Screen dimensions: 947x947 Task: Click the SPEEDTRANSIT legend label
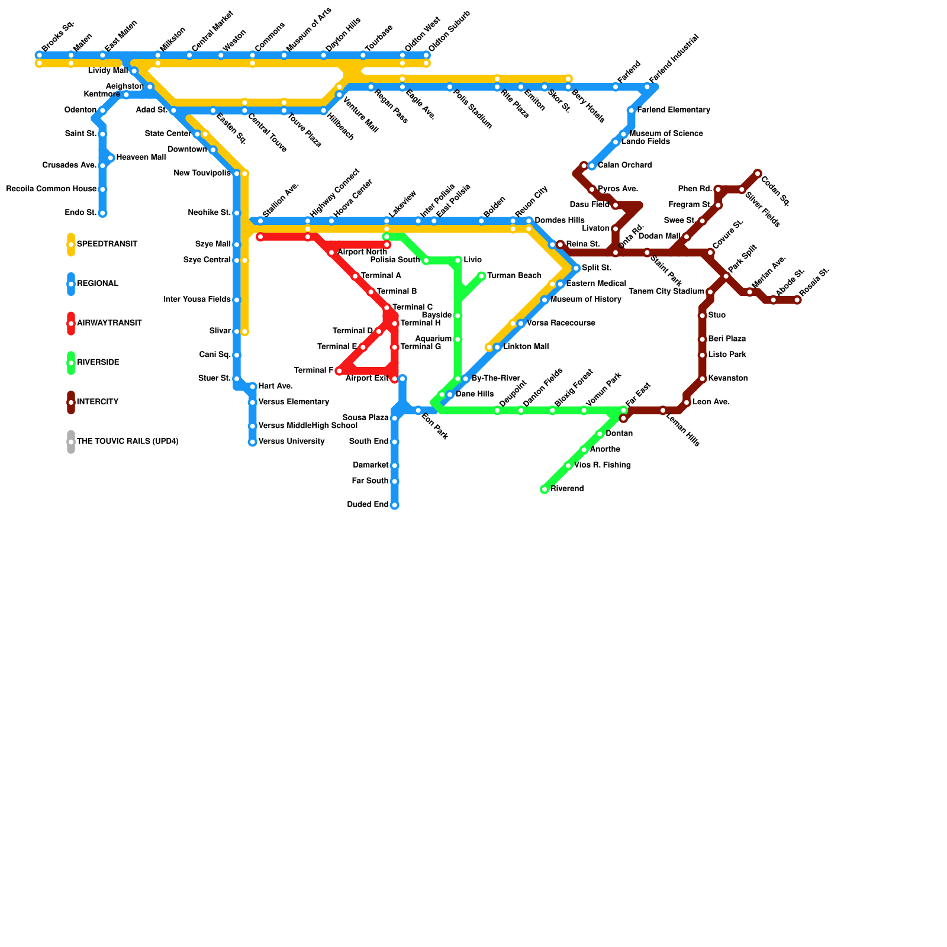[x=107, y=244]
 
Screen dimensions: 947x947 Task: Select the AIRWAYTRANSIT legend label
[x=109, y=323]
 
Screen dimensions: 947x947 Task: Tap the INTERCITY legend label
[x=98, y=402]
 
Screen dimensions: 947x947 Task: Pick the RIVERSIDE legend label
[x=98, y=363]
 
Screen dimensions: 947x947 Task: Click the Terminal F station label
[x=314, y=371]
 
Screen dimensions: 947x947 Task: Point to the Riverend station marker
[x=545, y=489]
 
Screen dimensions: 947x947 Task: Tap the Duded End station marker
[x=395, y=505]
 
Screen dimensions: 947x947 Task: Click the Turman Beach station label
[x=514, y=276]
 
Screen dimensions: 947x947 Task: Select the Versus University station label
[x=291, y=442]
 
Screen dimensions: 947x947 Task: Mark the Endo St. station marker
[x=102, y=213]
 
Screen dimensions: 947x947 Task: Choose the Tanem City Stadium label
[x=666, y=292]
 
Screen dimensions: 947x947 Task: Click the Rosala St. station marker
[x=797, y=300]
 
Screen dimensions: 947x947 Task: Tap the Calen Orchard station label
[x=624, y=166]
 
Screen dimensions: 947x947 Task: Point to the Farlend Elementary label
[x=674, y=110]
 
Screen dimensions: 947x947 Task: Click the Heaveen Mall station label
[x=141, y=157]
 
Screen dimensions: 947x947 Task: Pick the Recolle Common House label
[x=51, y=189]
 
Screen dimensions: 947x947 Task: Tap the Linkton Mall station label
[x=526, y=347]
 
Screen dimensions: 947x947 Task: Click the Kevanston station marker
[x=703, y=379]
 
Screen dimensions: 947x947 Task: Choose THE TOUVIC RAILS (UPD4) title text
[x=127, y=442]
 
